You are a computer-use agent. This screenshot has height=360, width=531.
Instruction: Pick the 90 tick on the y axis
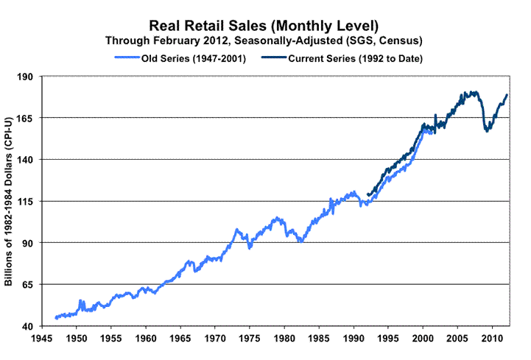[x=28, y=243]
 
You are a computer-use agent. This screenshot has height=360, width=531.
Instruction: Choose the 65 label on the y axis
[x=28, y=284]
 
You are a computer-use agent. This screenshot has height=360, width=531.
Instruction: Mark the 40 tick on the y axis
[x=28, y=326]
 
